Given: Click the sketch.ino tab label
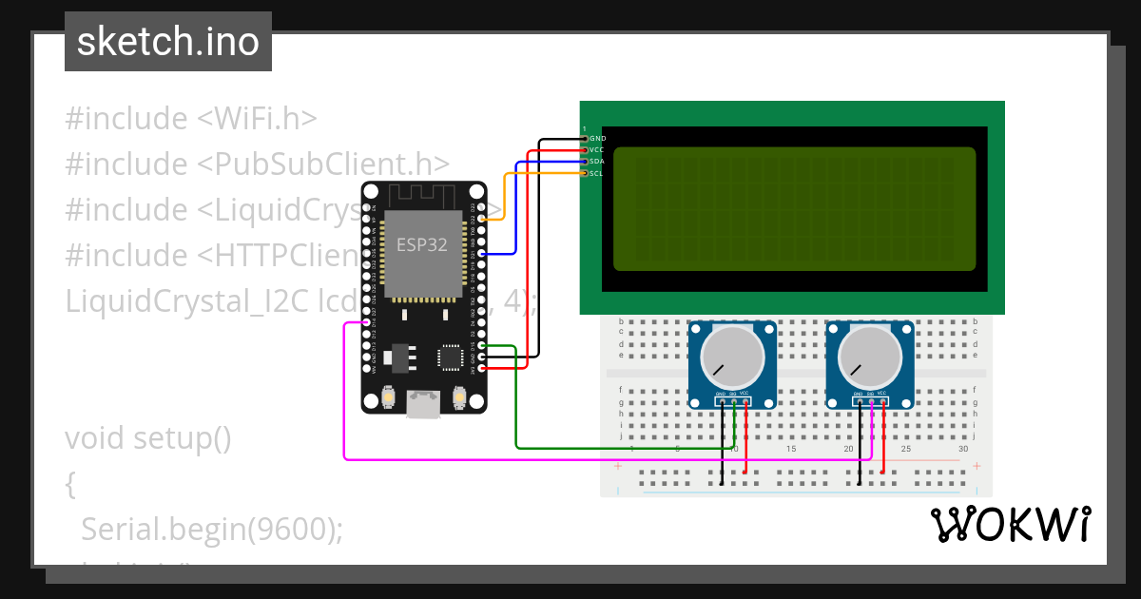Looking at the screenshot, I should click(167, 42).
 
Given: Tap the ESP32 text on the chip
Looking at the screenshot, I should click(421, 244).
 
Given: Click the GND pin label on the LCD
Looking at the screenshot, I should click(597, 139).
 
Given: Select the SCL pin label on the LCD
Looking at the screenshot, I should click(596, 173).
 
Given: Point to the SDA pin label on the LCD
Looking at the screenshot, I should click(596, 162).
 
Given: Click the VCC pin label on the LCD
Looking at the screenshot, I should click(596, 150).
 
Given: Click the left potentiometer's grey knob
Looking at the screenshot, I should click(732, 358).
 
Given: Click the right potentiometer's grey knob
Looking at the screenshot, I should click(869, 358).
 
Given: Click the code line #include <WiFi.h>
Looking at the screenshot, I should click(190, 119).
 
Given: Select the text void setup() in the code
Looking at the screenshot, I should click(148, 438).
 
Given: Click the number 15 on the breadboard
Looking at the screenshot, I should click(790, 449).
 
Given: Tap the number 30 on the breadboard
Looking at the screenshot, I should click(963, 449).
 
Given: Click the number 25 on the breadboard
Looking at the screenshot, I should click(905, 449).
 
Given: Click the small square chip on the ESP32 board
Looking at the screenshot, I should click(449, 357).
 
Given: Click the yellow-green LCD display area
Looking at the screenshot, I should click(794, 208).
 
